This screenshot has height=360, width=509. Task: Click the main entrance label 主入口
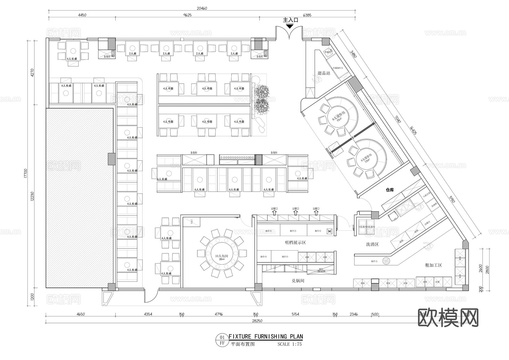point(291,20)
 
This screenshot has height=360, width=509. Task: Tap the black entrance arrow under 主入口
point(290,26)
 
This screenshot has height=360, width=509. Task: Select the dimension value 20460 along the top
point(202,8)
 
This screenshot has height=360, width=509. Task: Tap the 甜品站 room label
point(324,73)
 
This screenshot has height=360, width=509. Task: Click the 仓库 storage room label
point(390,190)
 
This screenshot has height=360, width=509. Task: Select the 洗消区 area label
point(372,244)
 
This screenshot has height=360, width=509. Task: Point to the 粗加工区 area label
point(433,265)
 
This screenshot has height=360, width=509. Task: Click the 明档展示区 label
point(295,243)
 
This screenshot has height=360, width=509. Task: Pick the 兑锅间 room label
point(298,281)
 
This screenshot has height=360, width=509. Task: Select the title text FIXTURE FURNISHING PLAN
point(266,337)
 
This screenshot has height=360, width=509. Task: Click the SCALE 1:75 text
point(290,344)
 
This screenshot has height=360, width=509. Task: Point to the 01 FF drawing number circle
point(222,340)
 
